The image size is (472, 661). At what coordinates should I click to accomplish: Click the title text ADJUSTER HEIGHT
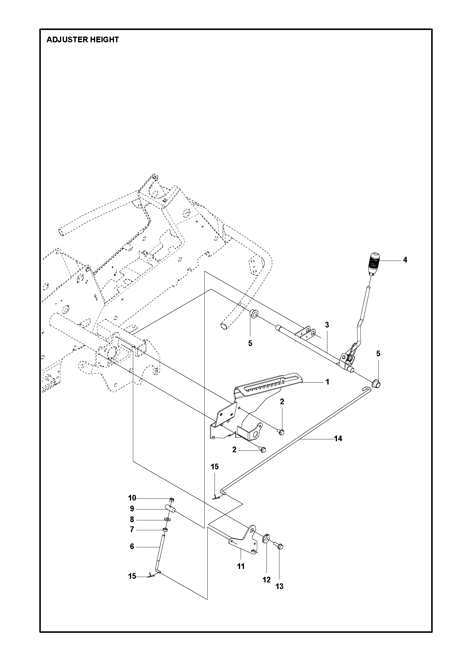pyautogui.click(x=83, y=40)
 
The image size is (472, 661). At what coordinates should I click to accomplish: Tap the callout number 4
pyautogui.click(x=405, y=260)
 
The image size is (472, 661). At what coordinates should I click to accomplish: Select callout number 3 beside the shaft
pyautogui.click(x=327, y=325)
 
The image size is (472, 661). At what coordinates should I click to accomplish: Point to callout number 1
pyautogui.click(x=327, y=382)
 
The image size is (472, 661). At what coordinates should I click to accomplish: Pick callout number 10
pyautogui.click(x=132, y=498)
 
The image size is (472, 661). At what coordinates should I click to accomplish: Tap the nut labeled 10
pyautogui.click(x=172, y=500)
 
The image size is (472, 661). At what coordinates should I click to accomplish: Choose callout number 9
pyautogui.click(x=132, y=509)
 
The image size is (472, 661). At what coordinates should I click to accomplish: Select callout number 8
pyautogui.click(x=132, y=520)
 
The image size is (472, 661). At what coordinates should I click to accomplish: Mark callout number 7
pyautogui.click(x=132, y=530)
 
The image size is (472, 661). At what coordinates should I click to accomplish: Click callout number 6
pyautogui.click(x=132, y=546)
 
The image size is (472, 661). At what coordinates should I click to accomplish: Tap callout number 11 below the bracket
pyautogui.click(x=241, y=567)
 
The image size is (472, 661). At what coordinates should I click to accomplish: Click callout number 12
pyautogui.click(x=266, y=580)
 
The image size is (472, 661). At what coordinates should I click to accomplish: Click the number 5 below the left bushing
pyautogui.click(x=250, y=343)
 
